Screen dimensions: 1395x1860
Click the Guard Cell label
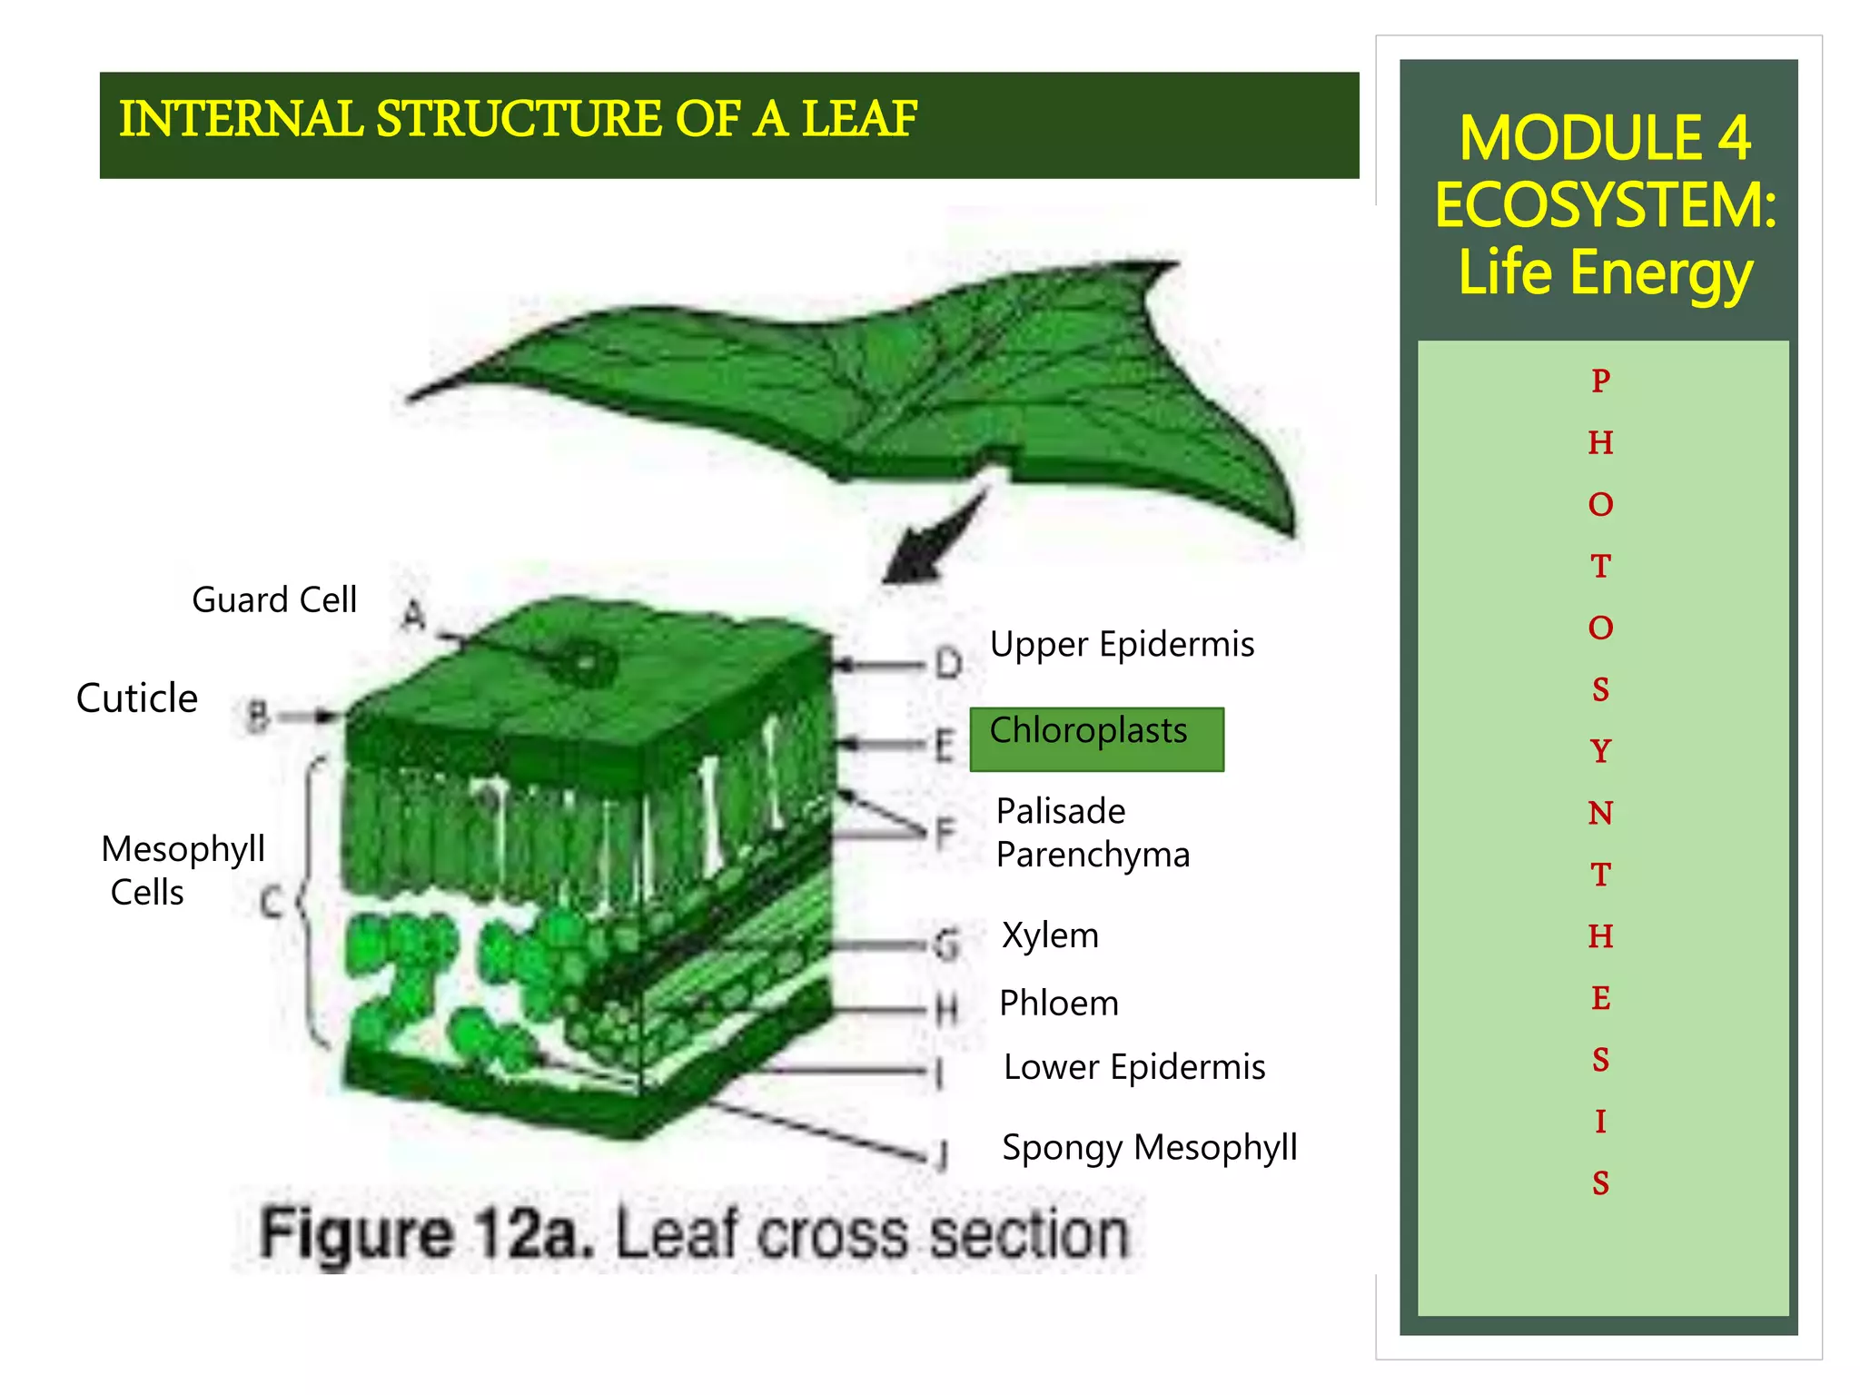(x=274, y=600)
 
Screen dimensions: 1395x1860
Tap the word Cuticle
(x=137, y=698)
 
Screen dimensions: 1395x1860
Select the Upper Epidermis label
(x=1122, y=644)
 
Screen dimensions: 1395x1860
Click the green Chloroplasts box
(x=1096, y=739)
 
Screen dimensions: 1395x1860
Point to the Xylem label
(x=1050, y=935)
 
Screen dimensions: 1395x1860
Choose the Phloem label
(x=1059, y=1004)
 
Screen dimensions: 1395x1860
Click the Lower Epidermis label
(x=1134, y=1067)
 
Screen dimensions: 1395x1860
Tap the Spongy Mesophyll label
(x=1150, y=1147)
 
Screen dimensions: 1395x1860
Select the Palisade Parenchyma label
(x=1092, y=833)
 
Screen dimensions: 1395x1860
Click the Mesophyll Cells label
(x=183, y=870)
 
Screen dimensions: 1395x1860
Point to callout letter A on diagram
(x=413, y=616)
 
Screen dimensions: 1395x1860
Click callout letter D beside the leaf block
(x=948, y=664)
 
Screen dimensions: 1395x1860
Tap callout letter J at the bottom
(x=944, y=1156)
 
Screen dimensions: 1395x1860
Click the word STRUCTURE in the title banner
(x=519, y=119)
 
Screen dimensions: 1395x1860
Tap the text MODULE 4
(x=1605, y=138)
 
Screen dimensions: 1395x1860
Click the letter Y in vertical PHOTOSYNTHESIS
(x=1600, y=751)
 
